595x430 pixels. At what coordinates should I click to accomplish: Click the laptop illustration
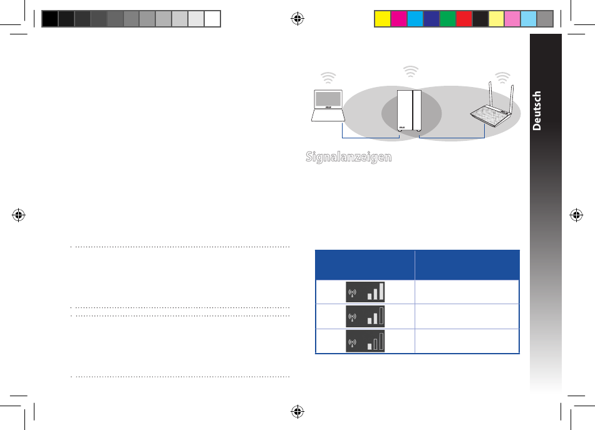pyautogui.click(x=328, y=105)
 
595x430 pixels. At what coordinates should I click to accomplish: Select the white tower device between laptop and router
pyautogui.click(x=409, y=111)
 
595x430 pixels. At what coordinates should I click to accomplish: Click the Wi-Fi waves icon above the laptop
pyautogui.click(x=328, y=78)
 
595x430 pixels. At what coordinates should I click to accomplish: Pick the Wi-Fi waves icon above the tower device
pyautogui.click(x=411, y=71)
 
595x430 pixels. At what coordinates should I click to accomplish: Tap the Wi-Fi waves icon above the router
pyautogui.click(x=502, y=78)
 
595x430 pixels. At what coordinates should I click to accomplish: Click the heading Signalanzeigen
pyautogui.click(x=349, y=156)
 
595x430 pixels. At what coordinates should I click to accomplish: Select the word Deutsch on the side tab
pyautogui.click(x=537, y=111)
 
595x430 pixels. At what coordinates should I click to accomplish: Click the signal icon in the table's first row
pyautogui.click(x=365, y=292)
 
